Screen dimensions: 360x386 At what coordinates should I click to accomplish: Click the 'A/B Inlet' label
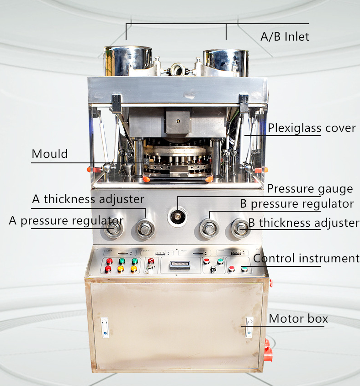[x=285, y=37]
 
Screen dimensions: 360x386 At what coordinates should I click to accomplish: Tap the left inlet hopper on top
[x=127, y=61]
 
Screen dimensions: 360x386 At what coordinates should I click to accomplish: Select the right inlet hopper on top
[x=226, y=63]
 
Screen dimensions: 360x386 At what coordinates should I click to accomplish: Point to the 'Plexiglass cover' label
[x=312, y=128]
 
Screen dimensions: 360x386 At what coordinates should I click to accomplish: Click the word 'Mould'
[x=50, y=154]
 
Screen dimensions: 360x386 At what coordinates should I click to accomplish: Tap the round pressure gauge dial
[x=177, y=217]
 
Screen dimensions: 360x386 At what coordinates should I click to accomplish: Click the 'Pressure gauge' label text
[x=310, y=189]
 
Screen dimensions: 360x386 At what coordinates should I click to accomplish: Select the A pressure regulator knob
[x=113, y=229]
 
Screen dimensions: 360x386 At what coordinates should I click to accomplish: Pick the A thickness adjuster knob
[x=145, y=229]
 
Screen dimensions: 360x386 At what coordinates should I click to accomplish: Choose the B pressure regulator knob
[x=209, y=229]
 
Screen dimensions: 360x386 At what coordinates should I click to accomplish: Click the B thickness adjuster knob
[x=240, y=228]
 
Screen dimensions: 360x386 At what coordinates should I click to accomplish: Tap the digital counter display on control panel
[x=180, y=265]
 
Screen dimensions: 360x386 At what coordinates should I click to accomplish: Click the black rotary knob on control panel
[x=213, y=269]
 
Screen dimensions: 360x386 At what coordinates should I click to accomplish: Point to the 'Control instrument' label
[x=306, y=259]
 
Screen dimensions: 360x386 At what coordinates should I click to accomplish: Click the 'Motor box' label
[x=298, y=318]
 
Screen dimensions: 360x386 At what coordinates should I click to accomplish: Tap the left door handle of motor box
[x=105, y=328]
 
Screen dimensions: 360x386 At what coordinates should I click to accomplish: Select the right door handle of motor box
[x=249, y=327]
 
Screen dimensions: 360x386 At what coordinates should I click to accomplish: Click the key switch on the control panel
[x=149, y=269]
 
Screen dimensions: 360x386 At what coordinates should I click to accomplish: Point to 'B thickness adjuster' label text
[x=304, y=223]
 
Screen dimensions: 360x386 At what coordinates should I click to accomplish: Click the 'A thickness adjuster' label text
[x=88, y=199]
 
